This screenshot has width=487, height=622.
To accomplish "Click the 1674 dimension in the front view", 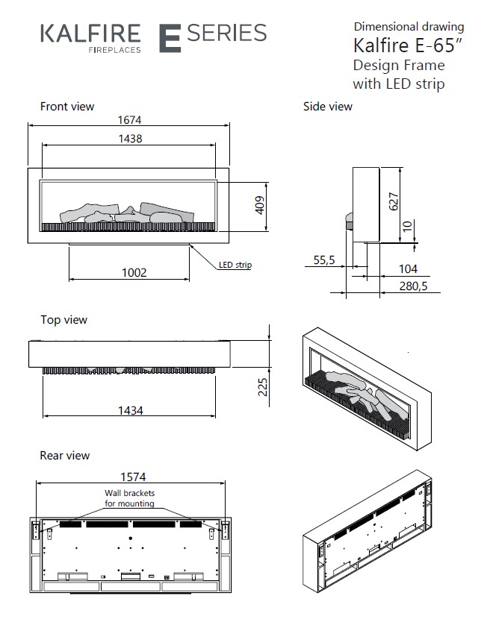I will pyautogui.click(x=129, y=119).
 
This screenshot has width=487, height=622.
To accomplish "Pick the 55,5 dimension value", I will pyautogui.click(x=323, y=260).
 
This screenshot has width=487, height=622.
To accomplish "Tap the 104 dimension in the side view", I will pyautogui.click(x=408, y=268).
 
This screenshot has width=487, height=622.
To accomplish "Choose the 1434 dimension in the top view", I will pyautogui.click(x=130, y=410).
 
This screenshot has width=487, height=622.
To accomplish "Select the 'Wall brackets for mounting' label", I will pyautogui.click(x=128, y=498).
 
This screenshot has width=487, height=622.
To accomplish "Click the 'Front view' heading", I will pyautogui.click(x=67, y=107).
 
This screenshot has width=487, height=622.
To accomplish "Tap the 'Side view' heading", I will pyautogui.click(x=327, y=107).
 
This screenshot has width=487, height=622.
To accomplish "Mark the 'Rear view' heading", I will pyautogui.click(x=65, y=455).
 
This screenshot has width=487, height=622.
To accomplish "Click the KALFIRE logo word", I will pyautogui.click(x=90, y=34).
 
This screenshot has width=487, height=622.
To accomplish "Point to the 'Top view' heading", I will pyautogui.click(x=63, y=320).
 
